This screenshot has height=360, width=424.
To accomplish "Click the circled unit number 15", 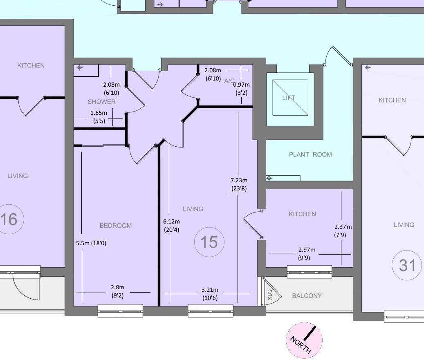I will point(209,242).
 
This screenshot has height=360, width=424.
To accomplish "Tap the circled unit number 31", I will point(407,266).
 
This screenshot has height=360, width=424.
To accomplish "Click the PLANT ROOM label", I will point(310,154).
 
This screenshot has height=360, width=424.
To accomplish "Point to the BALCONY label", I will point(307,296).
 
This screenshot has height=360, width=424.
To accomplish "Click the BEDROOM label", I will point(116,226).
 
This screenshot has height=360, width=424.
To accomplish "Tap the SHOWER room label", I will point(101,102).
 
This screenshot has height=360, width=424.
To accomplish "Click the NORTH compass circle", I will point(305,340).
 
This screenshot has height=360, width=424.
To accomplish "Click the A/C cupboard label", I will point(229,81).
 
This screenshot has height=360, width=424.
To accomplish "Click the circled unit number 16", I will point(9,219).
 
